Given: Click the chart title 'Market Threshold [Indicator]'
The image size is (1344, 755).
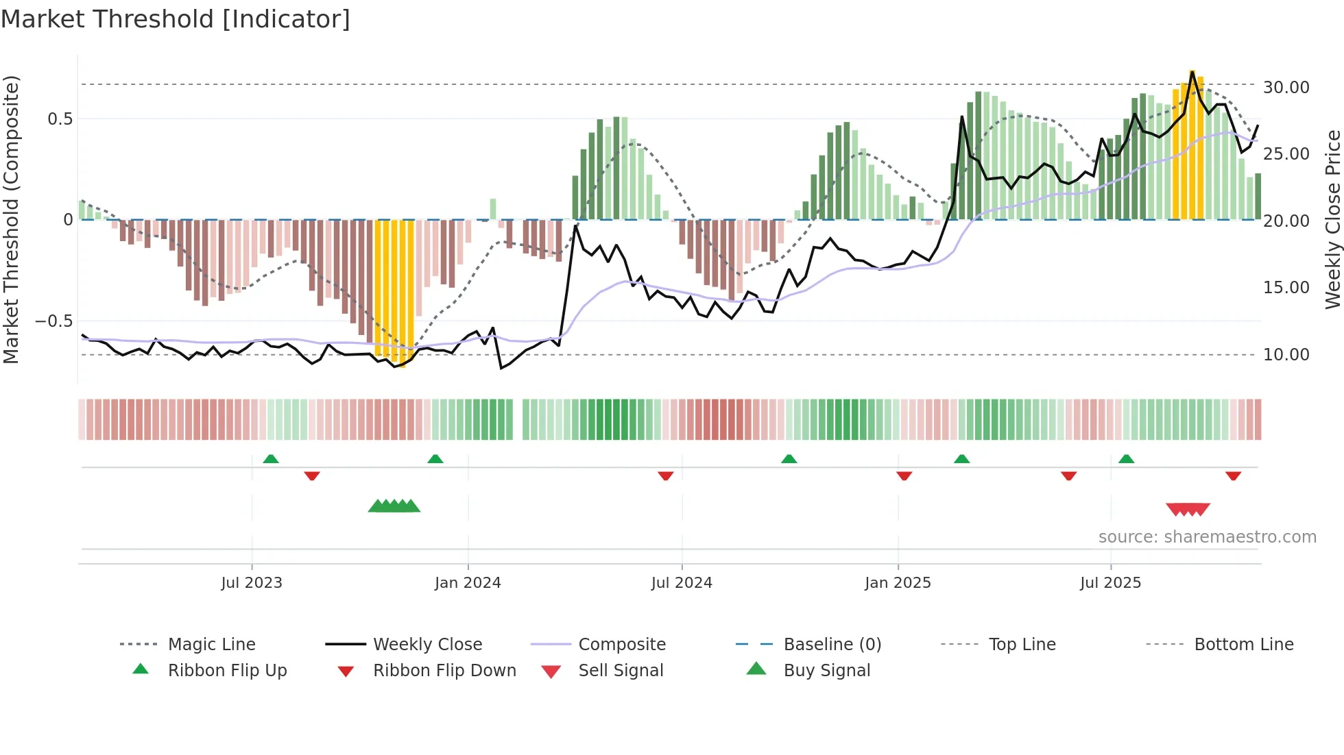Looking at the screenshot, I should tap(176, 19).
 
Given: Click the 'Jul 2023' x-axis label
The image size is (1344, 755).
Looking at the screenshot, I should tap(252, 583).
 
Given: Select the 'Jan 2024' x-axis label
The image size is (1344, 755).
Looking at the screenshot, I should tap(468, 583).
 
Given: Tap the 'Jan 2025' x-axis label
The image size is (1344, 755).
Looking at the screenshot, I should tap(898, 583).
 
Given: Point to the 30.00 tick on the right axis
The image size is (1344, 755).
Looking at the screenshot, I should tap(1286, 88).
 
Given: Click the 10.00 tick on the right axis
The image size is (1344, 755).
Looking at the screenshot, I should tap(1286, 355).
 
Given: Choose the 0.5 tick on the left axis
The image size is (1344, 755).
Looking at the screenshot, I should tap(60, 119).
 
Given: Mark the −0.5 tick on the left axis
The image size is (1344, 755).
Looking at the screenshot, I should tap(54, 321).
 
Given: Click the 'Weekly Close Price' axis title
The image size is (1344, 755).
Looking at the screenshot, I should tap(1332, 219).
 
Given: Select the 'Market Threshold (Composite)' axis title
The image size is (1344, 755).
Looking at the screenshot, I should tap(12, 219).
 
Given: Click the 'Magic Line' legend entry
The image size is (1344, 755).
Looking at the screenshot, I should tap(211, 645).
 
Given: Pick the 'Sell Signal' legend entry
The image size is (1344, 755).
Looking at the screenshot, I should tap(621, 671).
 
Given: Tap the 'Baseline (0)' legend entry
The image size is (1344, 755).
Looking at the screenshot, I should tap(832, 645).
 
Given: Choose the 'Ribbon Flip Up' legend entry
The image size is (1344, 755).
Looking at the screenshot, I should tap(227, 671).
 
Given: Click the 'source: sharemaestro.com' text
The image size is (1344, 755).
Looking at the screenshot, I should tap(1207, 537).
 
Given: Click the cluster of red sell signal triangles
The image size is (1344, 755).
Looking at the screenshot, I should tap(1188, 509).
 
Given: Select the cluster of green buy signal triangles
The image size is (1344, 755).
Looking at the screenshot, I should tap(394, 506).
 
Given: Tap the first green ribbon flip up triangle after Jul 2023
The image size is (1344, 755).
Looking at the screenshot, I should tap(271, 458).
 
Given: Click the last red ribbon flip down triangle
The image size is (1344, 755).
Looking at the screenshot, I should tap(1233, 475).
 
